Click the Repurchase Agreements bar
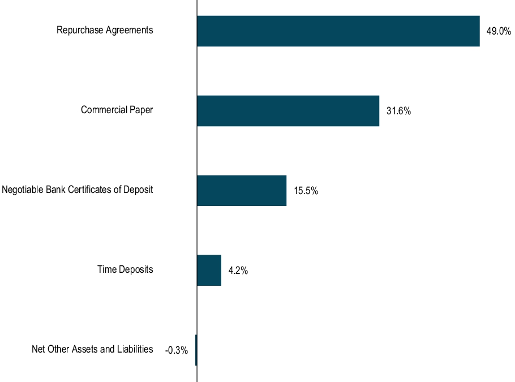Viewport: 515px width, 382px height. coord(338,31)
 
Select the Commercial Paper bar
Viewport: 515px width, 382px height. coord(287,111)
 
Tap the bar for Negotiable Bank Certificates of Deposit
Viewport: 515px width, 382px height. coord(241,191)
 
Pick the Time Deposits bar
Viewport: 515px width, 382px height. coord(209,271)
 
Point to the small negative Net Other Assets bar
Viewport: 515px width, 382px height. coord(196,350)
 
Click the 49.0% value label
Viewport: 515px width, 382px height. coord(498,32)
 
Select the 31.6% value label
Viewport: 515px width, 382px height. coord(398,111)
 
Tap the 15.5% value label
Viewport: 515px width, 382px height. coord(306,191)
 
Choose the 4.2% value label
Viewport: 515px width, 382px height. coord(238,271)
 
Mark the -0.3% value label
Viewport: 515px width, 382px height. coord(176,351)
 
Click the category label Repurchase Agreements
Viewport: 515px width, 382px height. coord(105,30)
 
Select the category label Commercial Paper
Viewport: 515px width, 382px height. coord(117,110)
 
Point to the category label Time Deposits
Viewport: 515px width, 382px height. coord(125,269)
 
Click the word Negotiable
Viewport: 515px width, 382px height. coord(21,190)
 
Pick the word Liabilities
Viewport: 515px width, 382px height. coord(135,349)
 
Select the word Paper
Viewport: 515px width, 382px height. coord(141,110)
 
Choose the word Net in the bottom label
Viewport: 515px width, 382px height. coord(38,349)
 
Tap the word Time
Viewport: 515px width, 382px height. coord(106,269)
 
